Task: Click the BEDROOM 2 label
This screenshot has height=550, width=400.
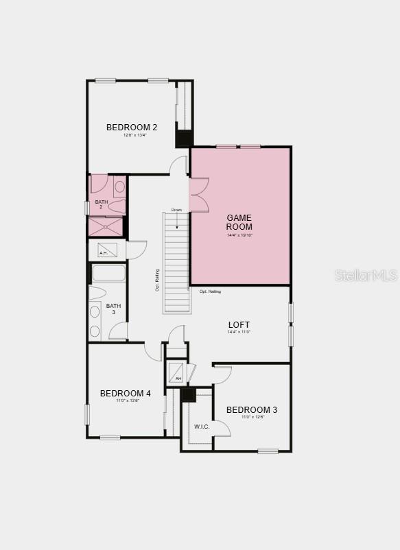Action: (132, 127)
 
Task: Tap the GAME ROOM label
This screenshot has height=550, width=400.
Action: (239, 222)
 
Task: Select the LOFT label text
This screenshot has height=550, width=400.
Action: (239, 324)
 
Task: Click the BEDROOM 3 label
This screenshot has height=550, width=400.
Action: (252, 410)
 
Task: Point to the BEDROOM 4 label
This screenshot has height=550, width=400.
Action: (126, 393)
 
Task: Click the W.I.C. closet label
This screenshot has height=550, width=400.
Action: (202, 427)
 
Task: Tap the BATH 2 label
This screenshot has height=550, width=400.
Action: (102, 204)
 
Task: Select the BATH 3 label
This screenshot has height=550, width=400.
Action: (113, 309)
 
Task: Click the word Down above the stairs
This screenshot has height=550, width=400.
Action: (176, 210)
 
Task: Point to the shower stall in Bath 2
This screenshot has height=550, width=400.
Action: (106, 226)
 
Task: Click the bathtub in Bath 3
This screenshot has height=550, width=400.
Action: (108, 273)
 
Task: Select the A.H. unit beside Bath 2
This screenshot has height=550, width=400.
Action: (107, 250)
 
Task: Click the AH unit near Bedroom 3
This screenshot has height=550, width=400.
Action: (176, 373)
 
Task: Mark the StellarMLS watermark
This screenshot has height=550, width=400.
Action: (366, 275)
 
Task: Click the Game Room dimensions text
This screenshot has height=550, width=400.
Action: (239, 235)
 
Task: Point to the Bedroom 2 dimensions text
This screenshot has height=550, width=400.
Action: (134, 135)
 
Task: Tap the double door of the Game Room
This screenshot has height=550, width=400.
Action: (198, 195)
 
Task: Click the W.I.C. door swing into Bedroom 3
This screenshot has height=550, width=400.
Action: (222, 427)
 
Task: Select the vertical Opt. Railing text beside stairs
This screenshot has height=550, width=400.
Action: (157, 280)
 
